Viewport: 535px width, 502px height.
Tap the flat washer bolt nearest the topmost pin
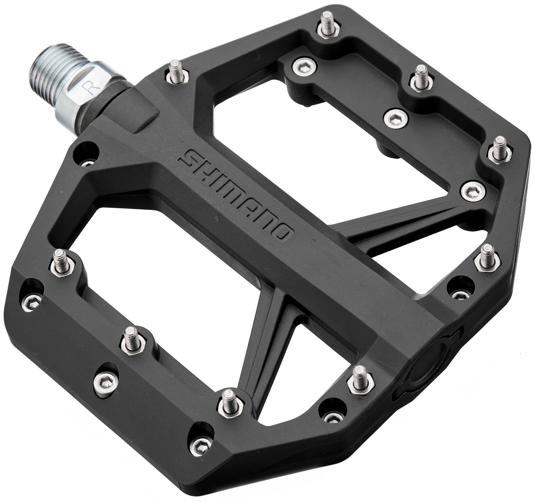coord(305,64)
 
